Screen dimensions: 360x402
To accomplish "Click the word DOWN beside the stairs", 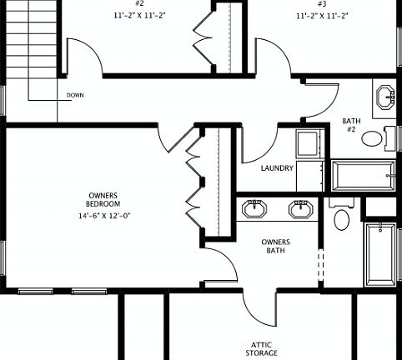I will pos(75,96).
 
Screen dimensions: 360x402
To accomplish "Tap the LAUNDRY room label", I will pos(277,168).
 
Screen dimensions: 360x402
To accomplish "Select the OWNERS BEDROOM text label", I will pos(104,200).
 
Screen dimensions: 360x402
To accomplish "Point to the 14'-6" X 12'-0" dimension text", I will pos(104,216).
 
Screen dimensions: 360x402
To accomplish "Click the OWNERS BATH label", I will pos(276,246).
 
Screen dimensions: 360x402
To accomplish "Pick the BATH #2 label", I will pos(352,125).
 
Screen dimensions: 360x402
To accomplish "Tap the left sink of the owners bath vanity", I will pos(251,207).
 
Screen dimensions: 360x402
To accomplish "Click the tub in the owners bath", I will pos(382,253).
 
